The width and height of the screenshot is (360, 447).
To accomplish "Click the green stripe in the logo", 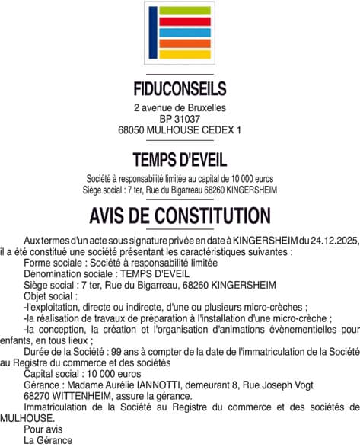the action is [x=184, y=11].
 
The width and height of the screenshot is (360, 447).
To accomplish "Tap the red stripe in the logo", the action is [x=184, y=22].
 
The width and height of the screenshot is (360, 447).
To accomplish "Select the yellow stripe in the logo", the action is [x=184, y=54].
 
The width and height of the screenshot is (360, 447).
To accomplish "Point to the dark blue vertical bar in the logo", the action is [x=152, y=33].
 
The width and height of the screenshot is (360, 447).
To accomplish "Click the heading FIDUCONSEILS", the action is [x=180, y=88].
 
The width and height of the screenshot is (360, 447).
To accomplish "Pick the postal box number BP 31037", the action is [x=180, y=120].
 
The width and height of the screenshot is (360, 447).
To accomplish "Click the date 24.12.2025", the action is [x=330, y=241].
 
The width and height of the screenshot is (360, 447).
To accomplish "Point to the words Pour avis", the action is [x=41, y=429].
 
